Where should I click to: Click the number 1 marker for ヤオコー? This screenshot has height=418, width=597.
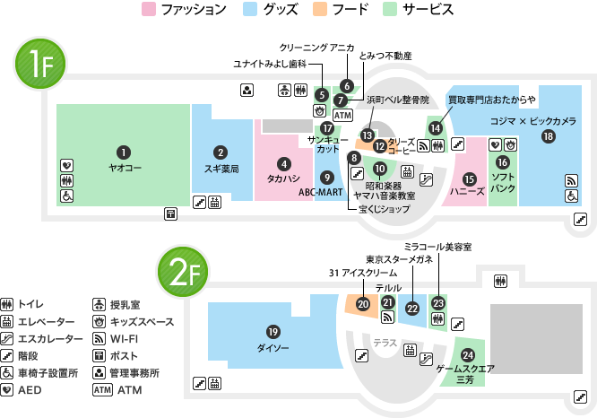[124, 152]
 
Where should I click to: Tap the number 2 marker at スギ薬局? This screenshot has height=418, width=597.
[221, 152]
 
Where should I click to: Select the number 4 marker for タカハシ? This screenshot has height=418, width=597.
[283, 163]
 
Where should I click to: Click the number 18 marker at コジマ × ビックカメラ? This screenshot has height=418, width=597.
[548, 135]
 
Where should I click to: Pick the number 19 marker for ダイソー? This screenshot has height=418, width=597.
[273, 331]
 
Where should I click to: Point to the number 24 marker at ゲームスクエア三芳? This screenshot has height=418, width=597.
[467, 355]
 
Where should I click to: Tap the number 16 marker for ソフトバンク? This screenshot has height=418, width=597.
[502, 161]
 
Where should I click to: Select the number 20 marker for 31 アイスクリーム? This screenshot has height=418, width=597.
[362, 304]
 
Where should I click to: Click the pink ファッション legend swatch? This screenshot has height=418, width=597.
[149, 10]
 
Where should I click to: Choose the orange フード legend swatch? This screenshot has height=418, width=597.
[318, 10]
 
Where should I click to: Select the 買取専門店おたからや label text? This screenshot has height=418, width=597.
[491, 99]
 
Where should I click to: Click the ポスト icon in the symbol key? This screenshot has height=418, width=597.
[101, 356]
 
